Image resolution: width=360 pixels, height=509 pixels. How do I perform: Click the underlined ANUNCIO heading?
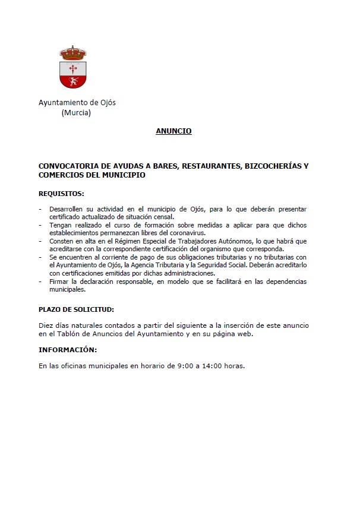173,131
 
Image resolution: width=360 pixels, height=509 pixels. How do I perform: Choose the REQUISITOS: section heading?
61,194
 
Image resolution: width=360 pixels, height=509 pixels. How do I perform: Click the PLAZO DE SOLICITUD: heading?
76,309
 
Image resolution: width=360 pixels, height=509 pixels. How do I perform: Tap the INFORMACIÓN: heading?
68,350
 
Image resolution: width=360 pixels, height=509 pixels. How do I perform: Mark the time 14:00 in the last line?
208,366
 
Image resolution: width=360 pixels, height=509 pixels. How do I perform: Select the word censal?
162,217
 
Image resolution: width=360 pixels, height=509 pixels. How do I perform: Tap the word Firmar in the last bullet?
59,282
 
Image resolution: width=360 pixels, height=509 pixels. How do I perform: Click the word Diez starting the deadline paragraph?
46,325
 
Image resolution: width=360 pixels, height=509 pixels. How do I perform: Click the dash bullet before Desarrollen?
40,209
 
